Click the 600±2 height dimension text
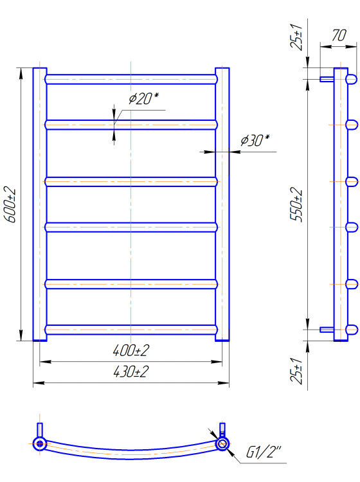pyautogui.click(x=10, y=204)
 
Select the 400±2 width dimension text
pyautogui.click(x=131, y=350)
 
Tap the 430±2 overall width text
pyautogui.click(x=131, y=371)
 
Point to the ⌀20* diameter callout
pyautogui.click(x=143, y=99)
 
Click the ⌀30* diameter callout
pyautogui.click(x=255, y=140)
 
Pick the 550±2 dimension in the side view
pyautogui.click(x=296, y=204)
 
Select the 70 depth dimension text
pyautogui.click(x=339, y=35)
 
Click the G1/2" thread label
pyautogui.click(x=264, y=452)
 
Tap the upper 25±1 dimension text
pyautogui.click(x=296, y=36)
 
